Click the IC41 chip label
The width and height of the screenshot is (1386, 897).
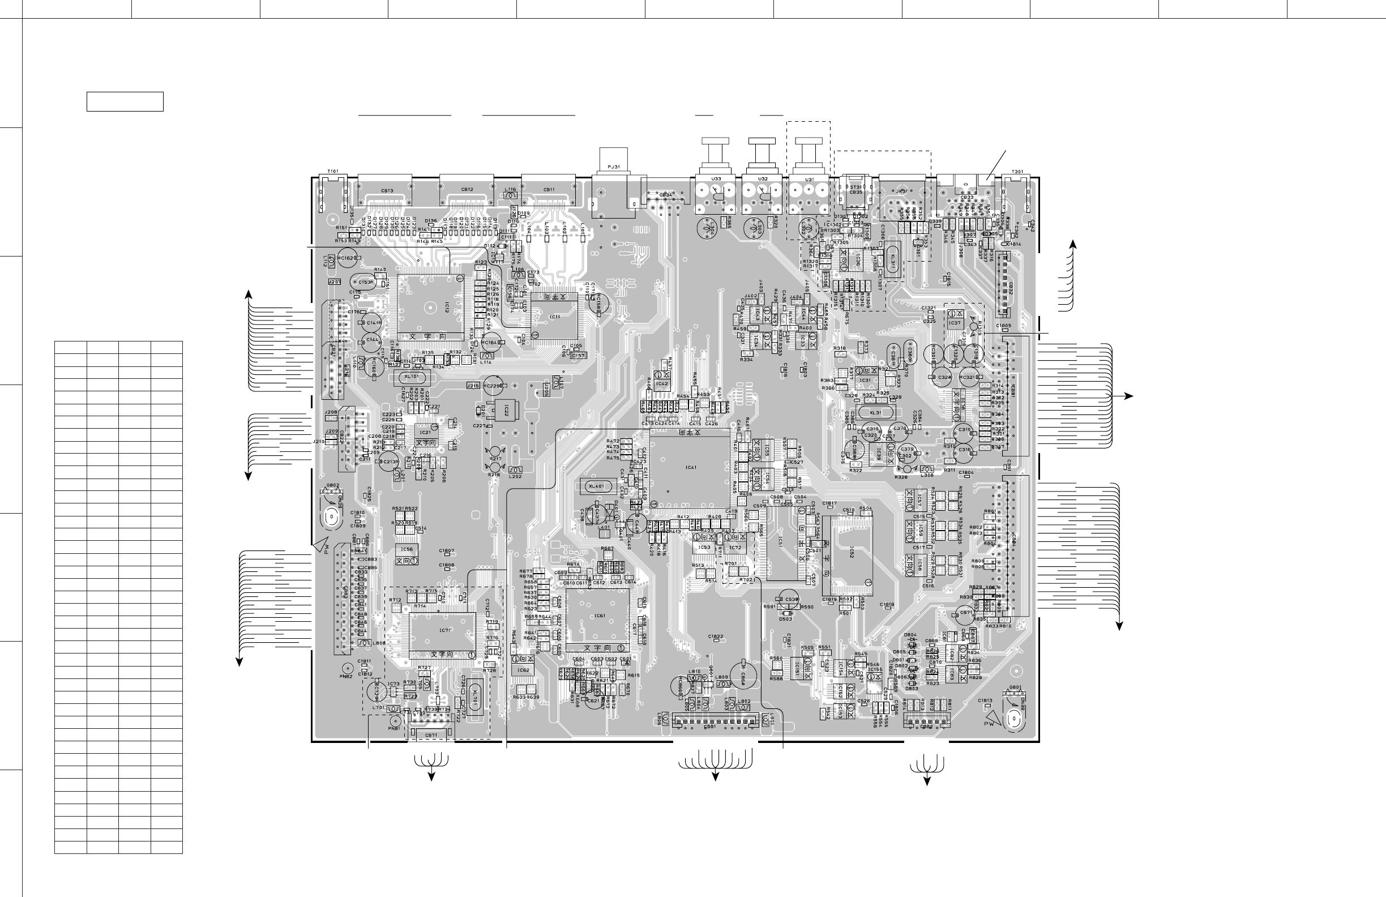pos(691,467)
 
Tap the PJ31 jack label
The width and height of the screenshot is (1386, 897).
pos(613,166)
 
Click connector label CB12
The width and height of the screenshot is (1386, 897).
pos(467,189)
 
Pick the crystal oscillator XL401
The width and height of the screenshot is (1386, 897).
pos(597,486)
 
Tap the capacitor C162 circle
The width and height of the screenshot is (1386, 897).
pos(346,258)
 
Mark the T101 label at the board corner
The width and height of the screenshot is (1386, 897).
pos(332,171)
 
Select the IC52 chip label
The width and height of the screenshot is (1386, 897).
pos(851,552)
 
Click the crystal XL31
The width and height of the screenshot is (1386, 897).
pos(875,412)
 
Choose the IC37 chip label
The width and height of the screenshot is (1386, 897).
pos(955,323)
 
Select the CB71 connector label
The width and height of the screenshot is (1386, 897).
pos(431,735)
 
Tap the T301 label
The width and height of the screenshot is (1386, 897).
pos(1017,172)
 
